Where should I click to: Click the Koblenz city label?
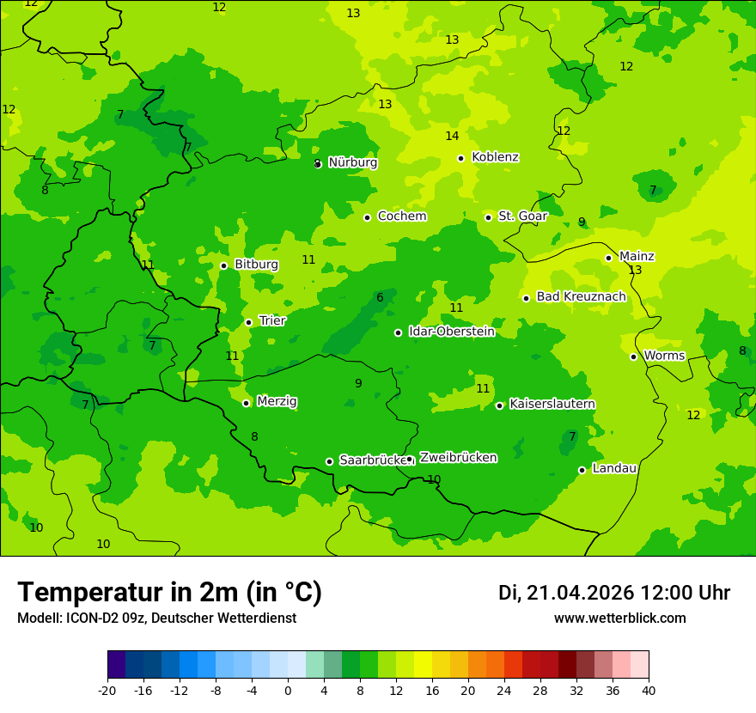495,157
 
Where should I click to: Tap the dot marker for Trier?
248,322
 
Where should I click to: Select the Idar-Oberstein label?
451,332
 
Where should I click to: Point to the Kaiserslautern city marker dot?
499,405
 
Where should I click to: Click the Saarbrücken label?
372,460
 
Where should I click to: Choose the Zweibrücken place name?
458,458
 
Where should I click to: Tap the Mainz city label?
637,256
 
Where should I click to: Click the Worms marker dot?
633,356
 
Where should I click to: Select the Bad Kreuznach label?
581,296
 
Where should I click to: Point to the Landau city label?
614,468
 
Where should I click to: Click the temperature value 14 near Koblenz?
452,137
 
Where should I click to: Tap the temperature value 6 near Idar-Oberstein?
380,298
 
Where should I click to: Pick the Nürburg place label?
352,162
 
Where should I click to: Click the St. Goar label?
522,216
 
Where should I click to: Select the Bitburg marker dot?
223,265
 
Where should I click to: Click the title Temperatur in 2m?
169,593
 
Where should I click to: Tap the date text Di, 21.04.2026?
565,593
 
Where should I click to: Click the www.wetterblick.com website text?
619,619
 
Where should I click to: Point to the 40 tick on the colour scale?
649,691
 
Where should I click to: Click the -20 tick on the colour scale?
107,691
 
